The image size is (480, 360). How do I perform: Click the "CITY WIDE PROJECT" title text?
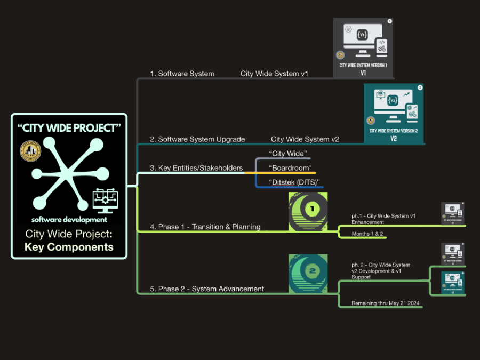coord(69,128)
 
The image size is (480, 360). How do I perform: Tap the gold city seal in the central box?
coord(30,151)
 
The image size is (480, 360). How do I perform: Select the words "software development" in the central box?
coord(69,220)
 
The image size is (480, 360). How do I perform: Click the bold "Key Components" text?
coord(69,247)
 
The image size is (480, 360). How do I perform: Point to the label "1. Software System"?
coord(182,74)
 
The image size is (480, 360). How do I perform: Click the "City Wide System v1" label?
coord(274,74)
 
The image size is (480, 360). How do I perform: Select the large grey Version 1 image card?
coord(363,48)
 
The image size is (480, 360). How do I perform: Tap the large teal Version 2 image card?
coord(394,113)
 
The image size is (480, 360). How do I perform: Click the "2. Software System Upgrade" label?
coord(197,139)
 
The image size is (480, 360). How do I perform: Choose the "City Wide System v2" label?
coord(305,139)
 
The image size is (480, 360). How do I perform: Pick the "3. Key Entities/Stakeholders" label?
coord(196,168)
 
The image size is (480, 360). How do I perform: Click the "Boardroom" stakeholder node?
coord(290,168)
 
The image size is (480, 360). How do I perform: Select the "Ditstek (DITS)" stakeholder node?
coord(295,183)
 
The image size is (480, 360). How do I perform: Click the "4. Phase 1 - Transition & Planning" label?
coord(205,227)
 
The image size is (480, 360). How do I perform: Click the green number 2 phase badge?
coord(308,273)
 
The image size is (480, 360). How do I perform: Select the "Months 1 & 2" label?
coord(367,234)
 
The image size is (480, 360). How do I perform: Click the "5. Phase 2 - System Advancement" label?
coord(207,289)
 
